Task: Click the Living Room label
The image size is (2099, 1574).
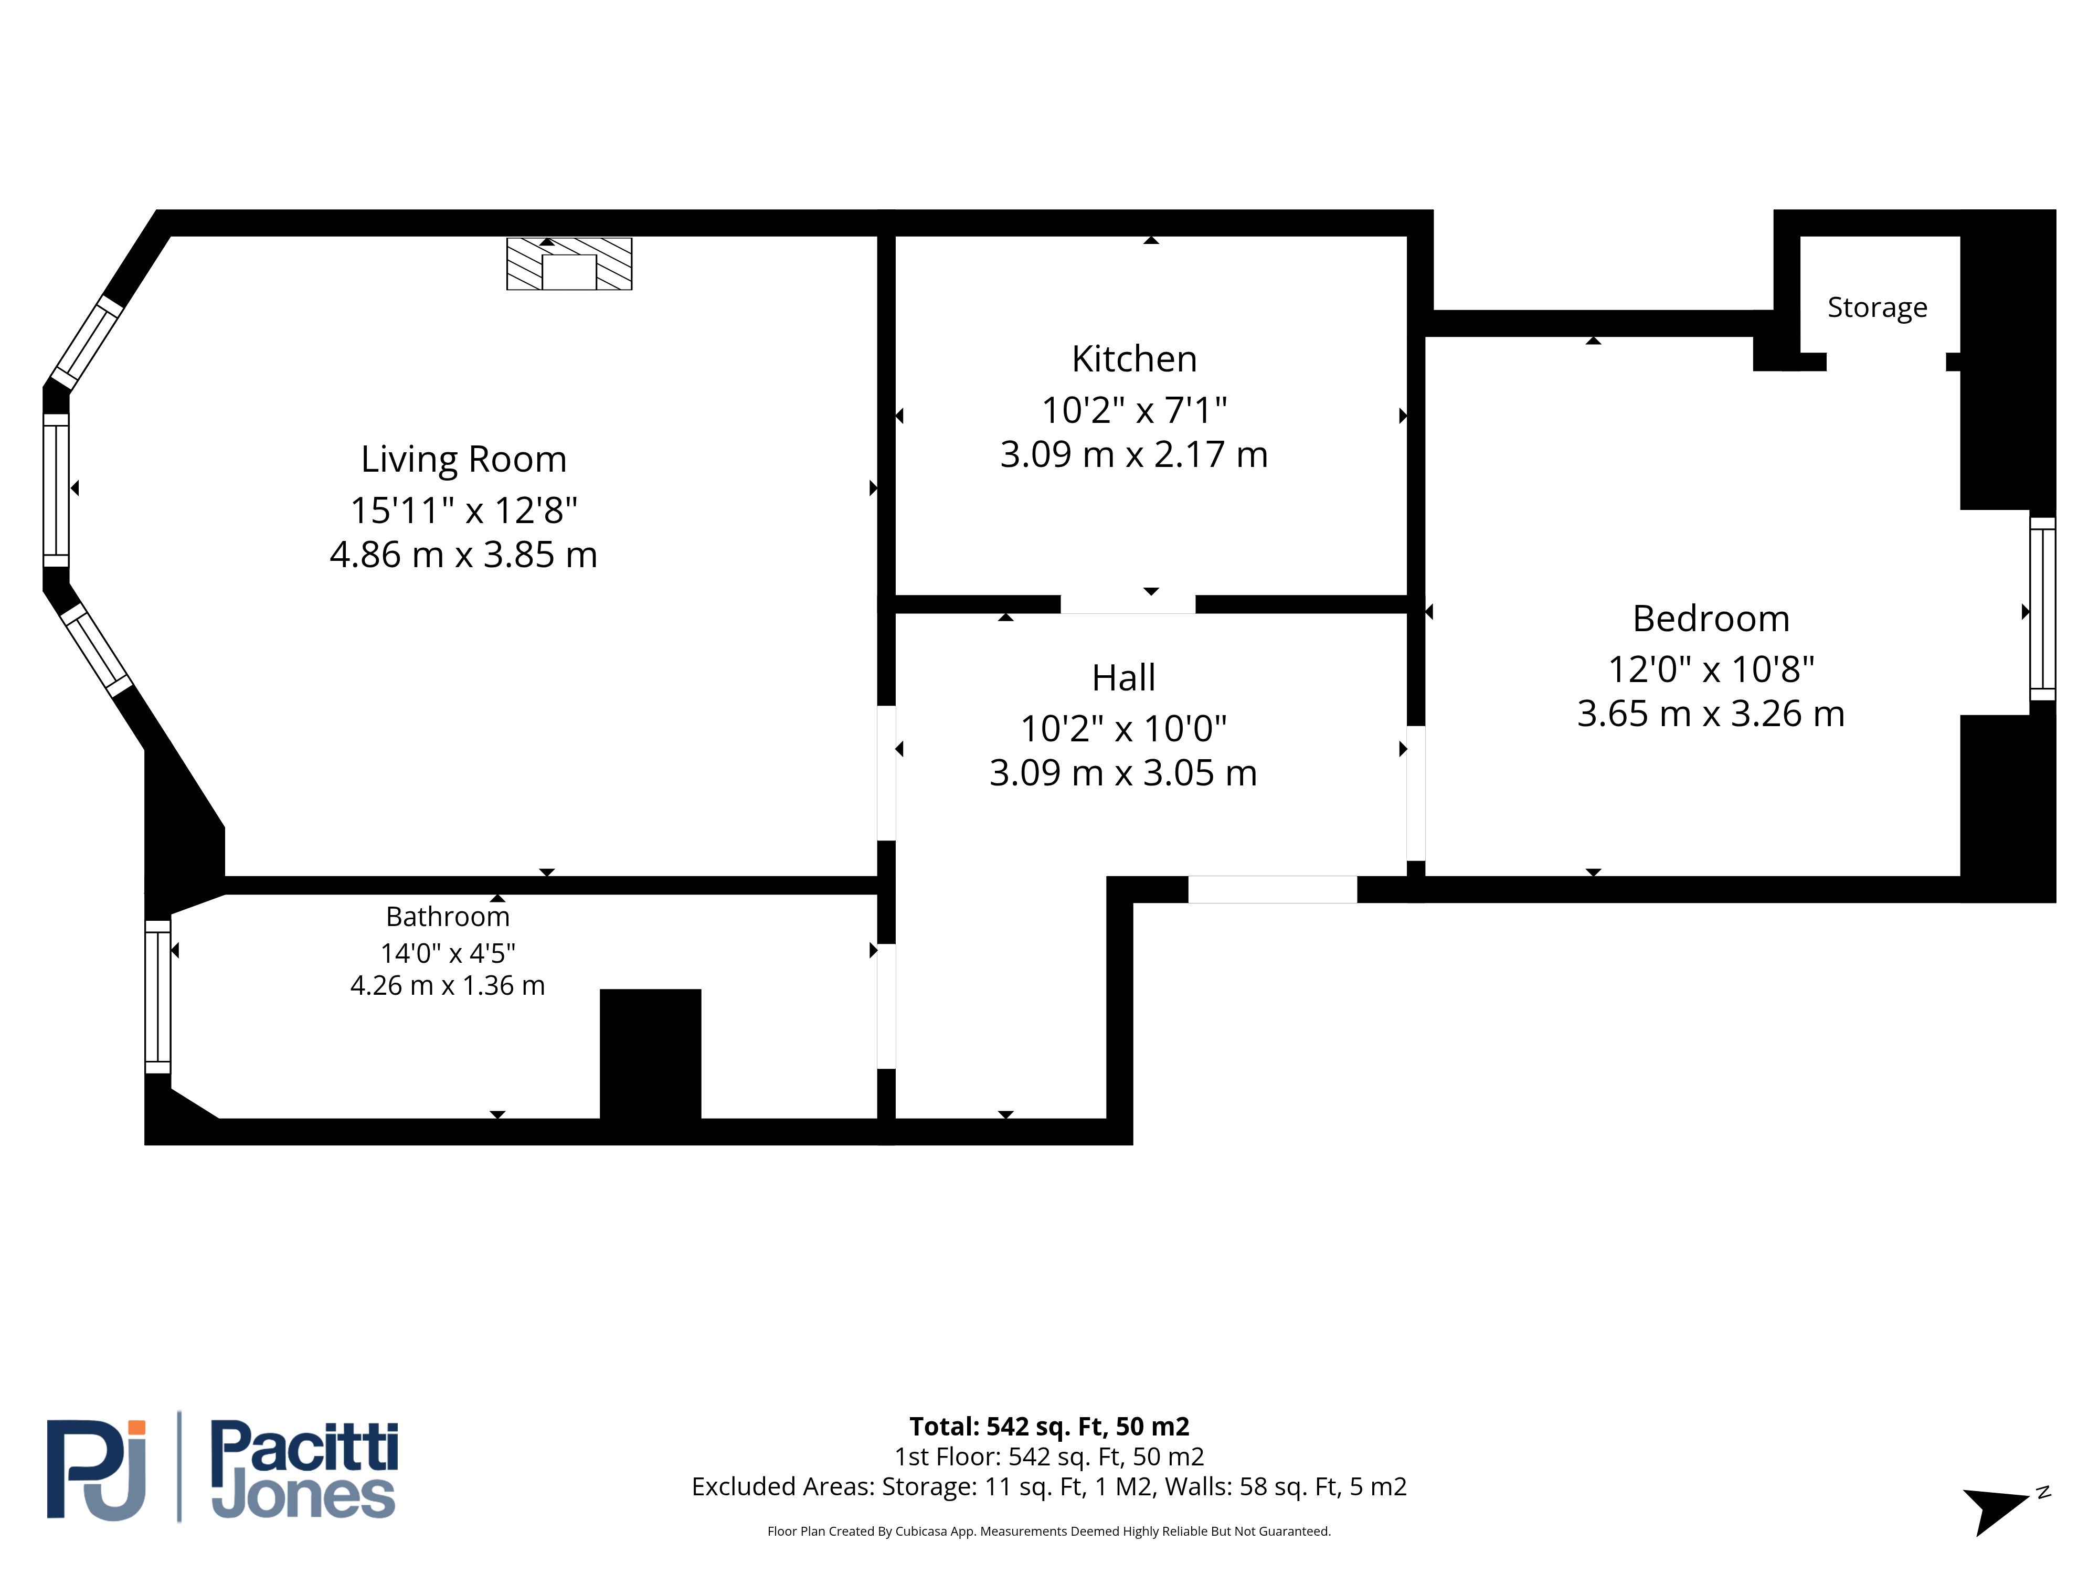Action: click(x=463, y=459)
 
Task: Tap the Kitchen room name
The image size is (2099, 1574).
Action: click(x=1134, y=359)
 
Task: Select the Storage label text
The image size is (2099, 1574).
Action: click(x=1877, y=307)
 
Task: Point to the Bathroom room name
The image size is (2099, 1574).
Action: click(x=447, y=917)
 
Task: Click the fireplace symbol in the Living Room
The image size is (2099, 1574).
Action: click(x=569, y=264)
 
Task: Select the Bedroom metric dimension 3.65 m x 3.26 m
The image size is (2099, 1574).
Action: click(x=1711, y=714)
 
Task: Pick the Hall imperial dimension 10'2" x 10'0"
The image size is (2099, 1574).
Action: click(x=1123, y=729)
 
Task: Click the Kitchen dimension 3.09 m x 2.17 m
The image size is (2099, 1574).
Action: click(x=1134, y=454)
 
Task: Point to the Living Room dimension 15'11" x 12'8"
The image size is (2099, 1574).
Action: click(x=463, y=511)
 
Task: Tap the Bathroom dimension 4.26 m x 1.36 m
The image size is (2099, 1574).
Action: click(x=447, y=986)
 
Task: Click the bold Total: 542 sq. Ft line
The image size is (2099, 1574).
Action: click(x=1048, y=1426)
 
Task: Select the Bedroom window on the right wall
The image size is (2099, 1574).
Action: click(x=2042, y=609)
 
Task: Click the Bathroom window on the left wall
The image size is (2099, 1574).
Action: click(x=157, y=996)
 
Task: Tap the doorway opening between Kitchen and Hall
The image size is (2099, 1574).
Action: click(x=1127, y=604)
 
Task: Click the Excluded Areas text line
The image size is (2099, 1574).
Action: click(x=1048, y=1487)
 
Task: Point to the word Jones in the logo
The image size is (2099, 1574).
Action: click(x=303, y=1496)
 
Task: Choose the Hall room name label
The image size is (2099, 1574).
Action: click(x=1123, y=677)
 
